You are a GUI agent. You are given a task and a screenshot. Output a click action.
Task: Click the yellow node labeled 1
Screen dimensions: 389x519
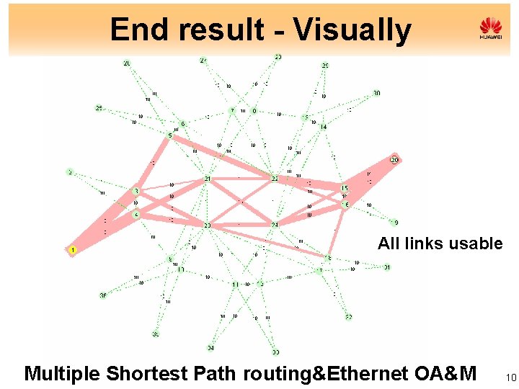(73, 250)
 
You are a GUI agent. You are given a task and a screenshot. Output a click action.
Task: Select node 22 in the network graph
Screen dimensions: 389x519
(275, 178)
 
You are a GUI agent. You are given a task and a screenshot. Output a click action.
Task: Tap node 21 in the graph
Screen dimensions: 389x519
(208, 178)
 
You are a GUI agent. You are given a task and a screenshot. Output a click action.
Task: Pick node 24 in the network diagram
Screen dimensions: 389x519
(275, 225)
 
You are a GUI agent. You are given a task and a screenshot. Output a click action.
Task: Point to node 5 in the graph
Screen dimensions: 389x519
(170, 135)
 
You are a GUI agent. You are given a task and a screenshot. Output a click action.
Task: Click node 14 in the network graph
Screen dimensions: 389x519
(323, 127)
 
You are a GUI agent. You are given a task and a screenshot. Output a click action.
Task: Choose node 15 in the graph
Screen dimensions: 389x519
(345, 189)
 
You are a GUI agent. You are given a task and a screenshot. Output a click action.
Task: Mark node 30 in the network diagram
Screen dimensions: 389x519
(376, 94)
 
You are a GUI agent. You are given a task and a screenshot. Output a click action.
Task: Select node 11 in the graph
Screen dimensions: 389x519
(235, 285)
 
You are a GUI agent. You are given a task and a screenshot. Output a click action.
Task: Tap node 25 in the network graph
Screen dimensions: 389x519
(99, 108)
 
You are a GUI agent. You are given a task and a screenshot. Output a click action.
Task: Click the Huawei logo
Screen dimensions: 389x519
(490, 29)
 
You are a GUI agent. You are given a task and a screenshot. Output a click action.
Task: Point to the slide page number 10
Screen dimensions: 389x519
(512, 377)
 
